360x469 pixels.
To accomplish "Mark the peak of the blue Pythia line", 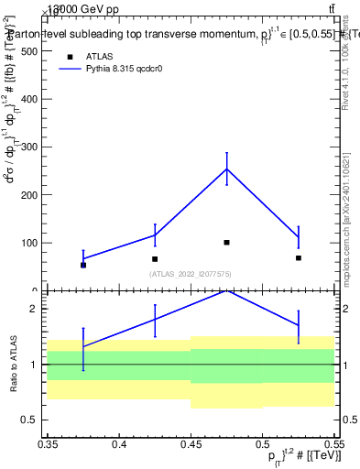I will (x=226, y=169).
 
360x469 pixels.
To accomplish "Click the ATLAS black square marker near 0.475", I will (x=226, y=243).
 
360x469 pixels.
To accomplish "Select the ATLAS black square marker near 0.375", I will (x=83, y=265).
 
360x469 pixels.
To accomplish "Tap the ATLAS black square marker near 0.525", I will (x=298, y=258).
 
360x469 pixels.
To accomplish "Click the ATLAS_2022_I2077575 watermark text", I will (x=191, y=274).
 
